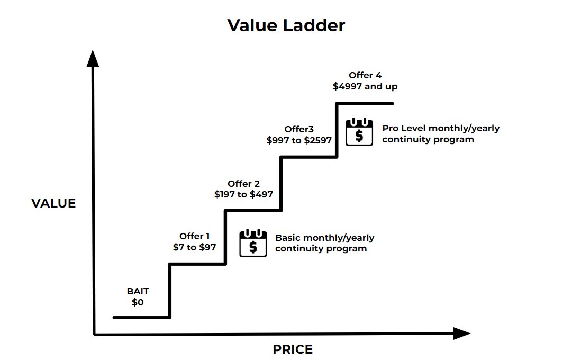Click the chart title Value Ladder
click(x=286, y=25)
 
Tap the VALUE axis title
click(x=53, y=203)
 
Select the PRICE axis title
click(x=293, y=349)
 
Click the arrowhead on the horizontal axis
click(x=462, y=334)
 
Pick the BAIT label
click(x=138, y=292)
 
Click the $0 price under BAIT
click(x=138, y=303)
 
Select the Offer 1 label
click(x=194, y=236)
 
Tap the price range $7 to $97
click(x=194, y=247)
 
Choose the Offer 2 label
click(x=243, y=184)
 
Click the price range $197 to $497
click(x=243, y=194)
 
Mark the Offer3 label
click(x=299, y=129)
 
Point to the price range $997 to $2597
click(x=299, y=140)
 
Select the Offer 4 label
click(x=365, y=75)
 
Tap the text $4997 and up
click(x=365, y=86)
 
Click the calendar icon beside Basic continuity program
click(x=253, y=243)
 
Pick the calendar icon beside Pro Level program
click(x=359, y=132)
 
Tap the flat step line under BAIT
click(x=142, y=317)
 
